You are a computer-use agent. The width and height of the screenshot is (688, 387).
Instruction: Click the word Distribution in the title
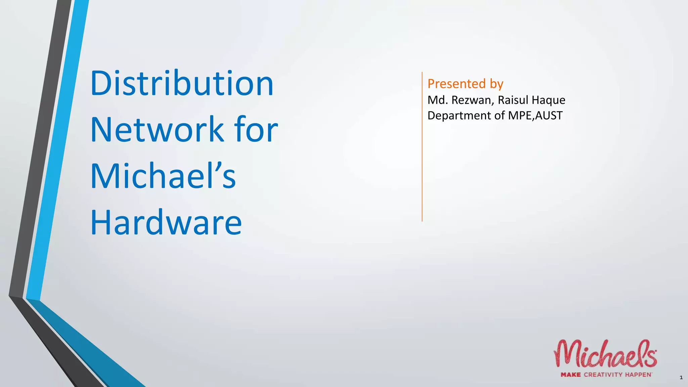(182, 83)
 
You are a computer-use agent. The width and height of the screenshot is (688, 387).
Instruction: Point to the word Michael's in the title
(163, 176)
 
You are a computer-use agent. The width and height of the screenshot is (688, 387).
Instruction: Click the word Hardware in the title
(166, 222)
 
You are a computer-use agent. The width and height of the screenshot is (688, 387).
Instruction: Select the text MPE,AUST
(535, 116)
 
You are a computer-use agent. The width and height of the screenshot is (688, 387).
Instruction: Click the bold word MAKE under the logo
(570, 375)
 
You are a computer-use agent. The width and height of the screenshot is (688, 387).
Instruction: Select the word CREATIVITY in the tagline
(603, 375)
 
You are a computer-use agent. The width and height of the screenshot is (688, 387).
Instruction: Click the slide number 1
(681, 378)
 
